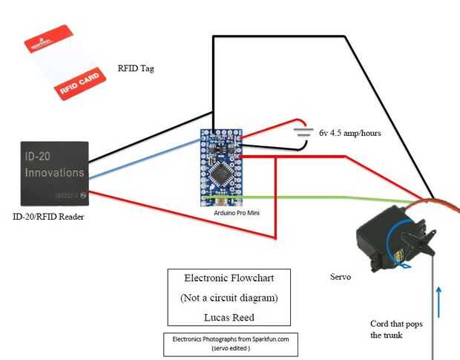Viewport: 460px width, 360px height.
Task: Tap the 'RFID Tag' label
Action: coord(136,69)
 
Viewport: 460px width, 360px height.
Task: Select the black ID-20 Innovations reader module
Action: coord(53,173)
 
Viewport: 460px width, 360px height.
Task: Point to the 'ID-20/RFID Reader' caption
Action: coord(49,217)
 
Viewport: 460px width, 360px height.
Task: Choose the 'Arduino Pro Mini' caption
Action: coord(231,212)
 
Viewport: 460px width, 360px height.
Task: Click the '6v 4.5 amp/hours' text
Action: coord(350,134)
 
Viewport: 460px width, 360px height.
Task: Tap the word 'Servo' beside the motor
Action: coord(340,276)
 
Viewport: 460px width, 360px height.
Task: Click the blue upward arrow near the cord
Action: coord(438,301)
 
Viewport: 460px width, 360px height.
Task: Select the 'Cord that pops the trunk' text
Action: coord(396,329)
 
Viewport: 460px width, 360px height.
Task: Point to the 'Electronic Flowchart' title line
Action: coord(228,278)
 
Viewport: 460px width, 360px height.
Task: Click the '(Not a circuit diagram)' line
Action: coord(228,298)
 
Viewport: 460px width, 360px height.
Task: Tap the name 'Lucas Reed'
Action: coord(228,316)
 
